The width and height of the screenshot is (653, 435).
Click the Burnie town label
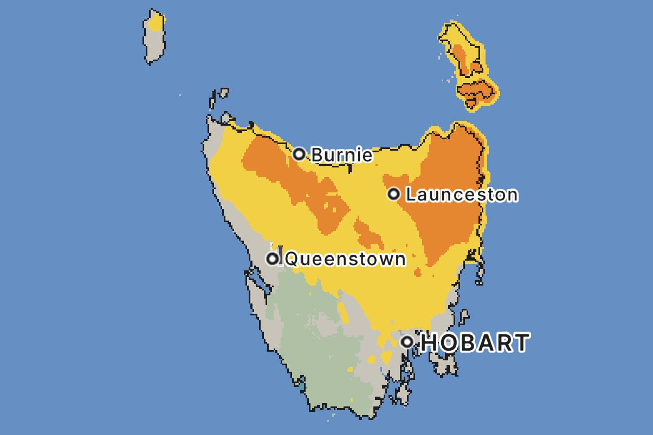[342, 154]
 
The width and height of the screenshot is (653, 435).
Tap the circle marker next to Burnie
[299, 153]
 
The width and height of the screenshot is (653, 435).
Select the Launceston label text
[461, 194]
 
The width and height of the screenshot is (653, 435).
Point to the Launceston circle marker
[393, 194]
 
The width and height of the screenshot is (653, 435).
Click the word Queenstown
[345, 259]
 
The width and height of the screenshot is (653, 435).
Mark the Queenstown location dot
[273, 259]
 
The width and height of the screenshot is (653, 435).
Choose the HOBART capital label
[475, 342]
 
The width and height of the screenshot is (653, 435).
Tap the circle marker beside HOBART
[407, 341]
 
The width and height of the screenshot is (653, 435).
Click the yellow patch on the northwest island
[156, 23]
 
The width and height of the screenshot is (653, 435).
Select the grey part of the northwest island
[154, 46]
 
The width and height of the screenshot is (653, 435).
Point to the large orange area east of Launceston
[449, 214]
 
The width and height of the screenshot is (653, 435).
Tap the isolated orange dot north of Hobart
[418, 273]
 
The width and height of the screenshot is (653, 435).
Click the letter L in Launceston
[410, 194]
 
